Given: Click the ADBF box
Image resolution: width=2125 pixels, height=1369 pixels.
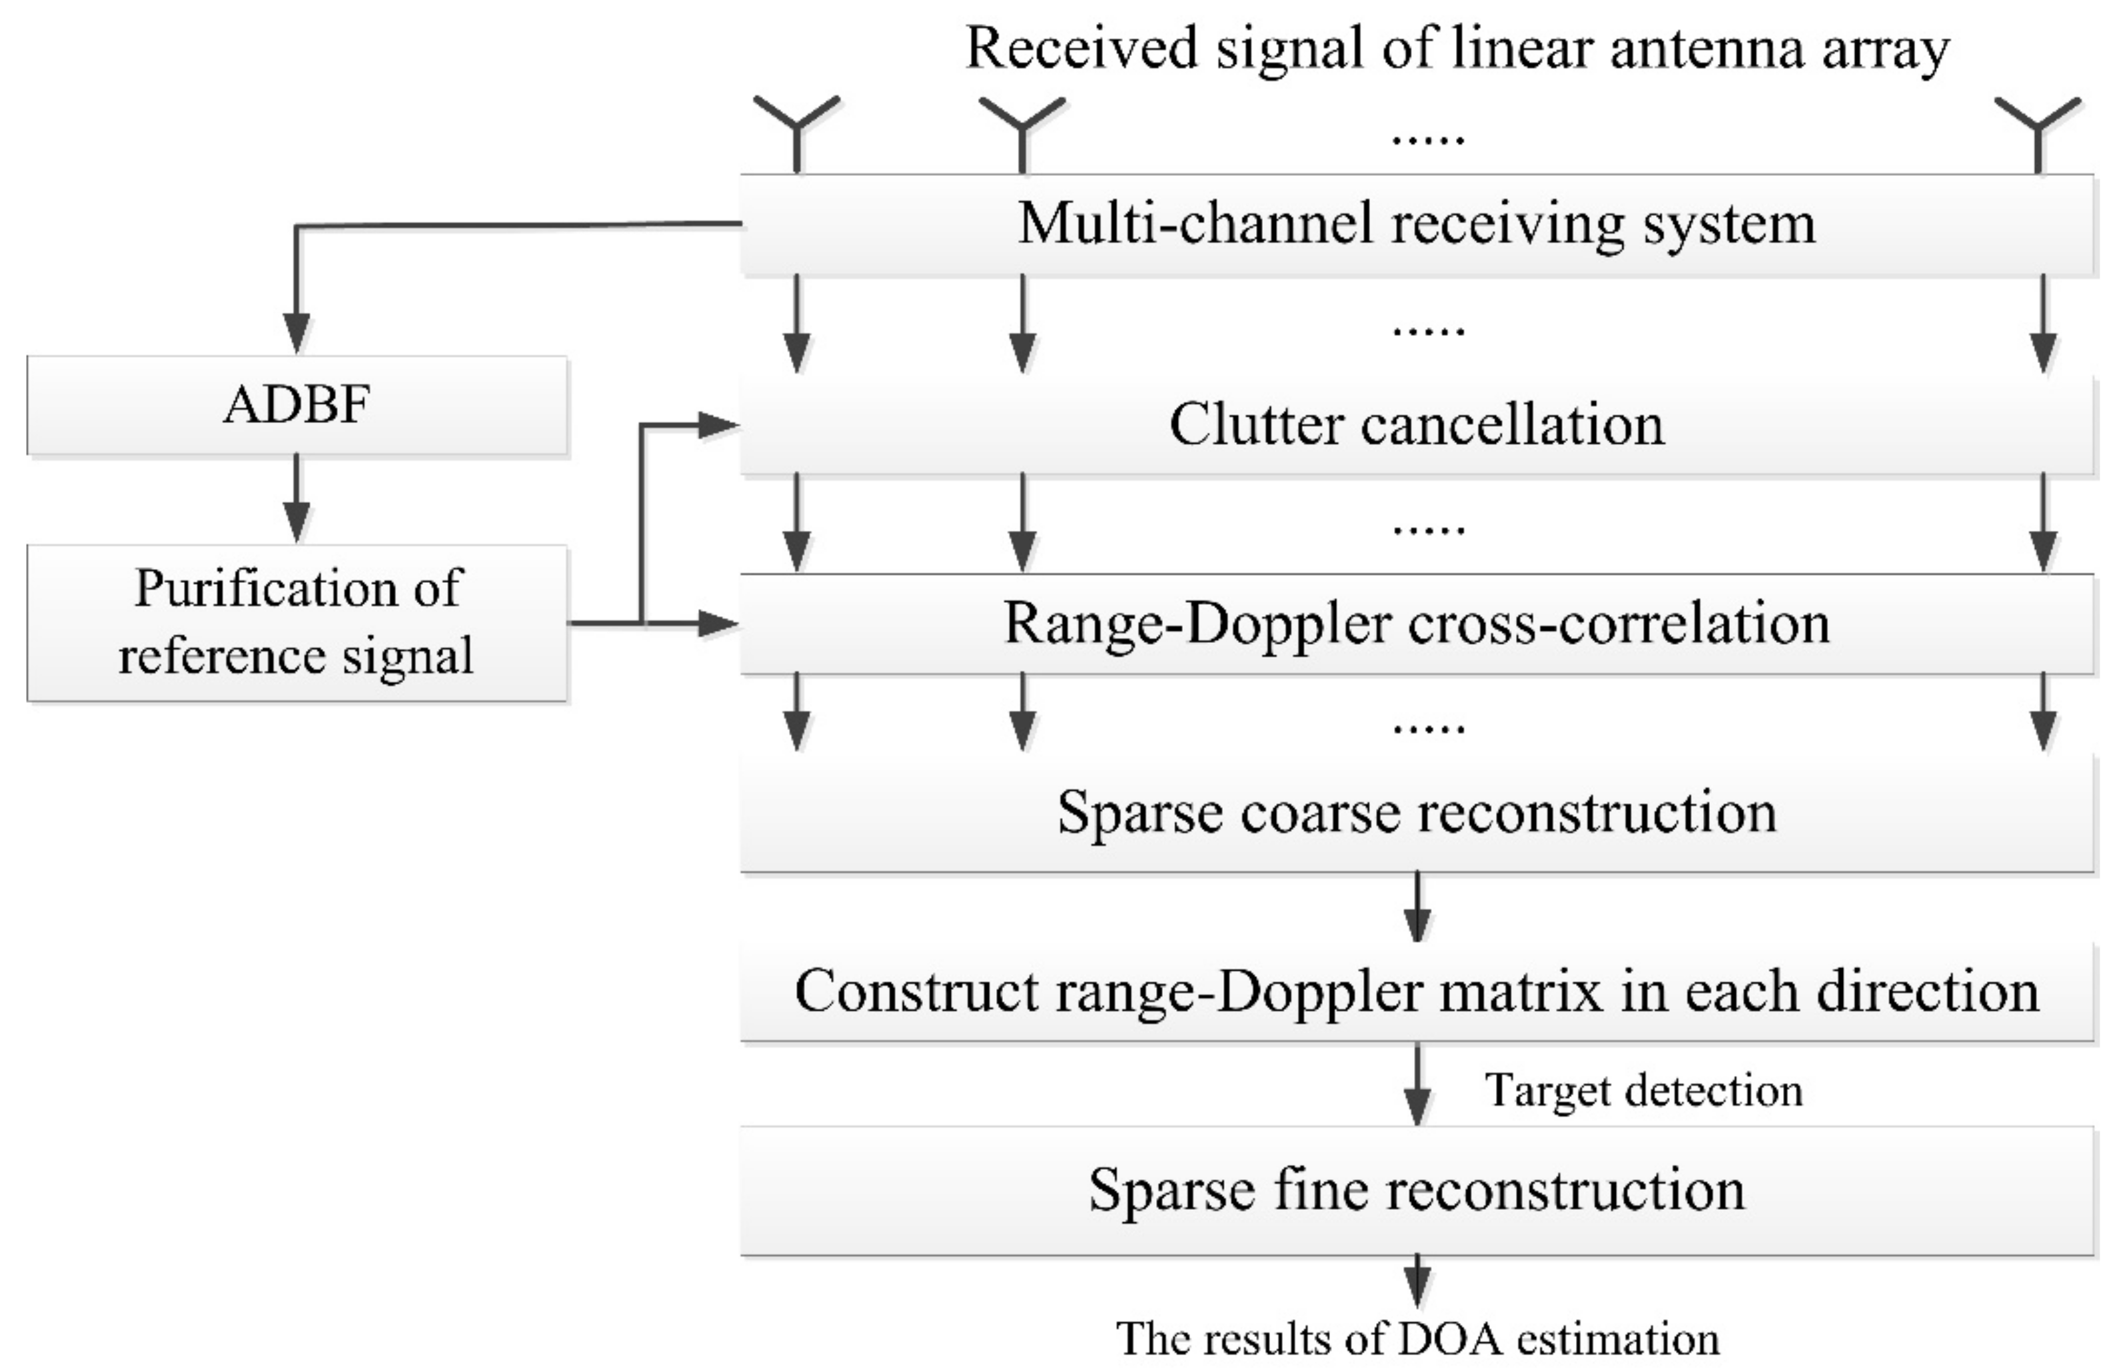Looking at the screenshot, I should click(x=296, y=405).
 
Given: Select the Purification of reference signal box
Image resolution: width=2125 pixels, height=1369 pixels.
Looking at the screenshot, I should click(x=296, y=622).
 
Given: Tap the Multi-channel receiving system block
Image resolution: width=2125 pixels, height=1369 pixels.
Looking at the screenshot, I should click(x=1417, y=224).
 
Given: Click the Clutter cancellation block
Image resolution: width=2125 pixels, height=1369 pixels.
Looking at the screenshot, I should click(x=1417, y=425).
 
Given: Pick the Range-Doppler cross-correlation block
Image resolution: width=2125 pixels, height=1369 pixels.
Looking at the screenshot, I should click(x=1417, y=624).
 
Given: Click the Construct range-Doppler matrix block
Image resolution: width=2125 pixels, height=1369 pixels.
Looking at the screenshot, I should click(x=1417, y=992).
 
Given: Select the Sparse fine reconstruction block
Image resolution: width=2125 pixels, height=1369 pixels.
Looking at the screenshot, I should click(x=1417, y=1191).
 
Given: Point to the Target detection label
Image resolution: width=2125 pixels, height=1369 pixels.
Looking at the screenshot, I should click(x=1643, y=1090).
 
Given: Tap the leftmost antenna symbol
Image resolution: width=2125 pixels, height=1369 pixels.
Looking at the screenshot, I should click(x=797, y=129).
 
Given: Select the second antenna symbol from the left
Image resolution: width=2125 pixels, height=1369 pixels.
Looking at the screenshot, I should click(x=1022, y=129).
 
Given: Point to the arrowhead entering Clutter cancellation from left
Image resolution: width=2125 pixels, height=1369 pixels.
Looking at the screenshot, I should click(x=718, y=426).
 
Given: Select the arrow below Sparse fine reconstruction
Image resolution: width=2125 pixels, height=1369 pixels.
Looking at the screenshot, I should click(x=1417, y=1280).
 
